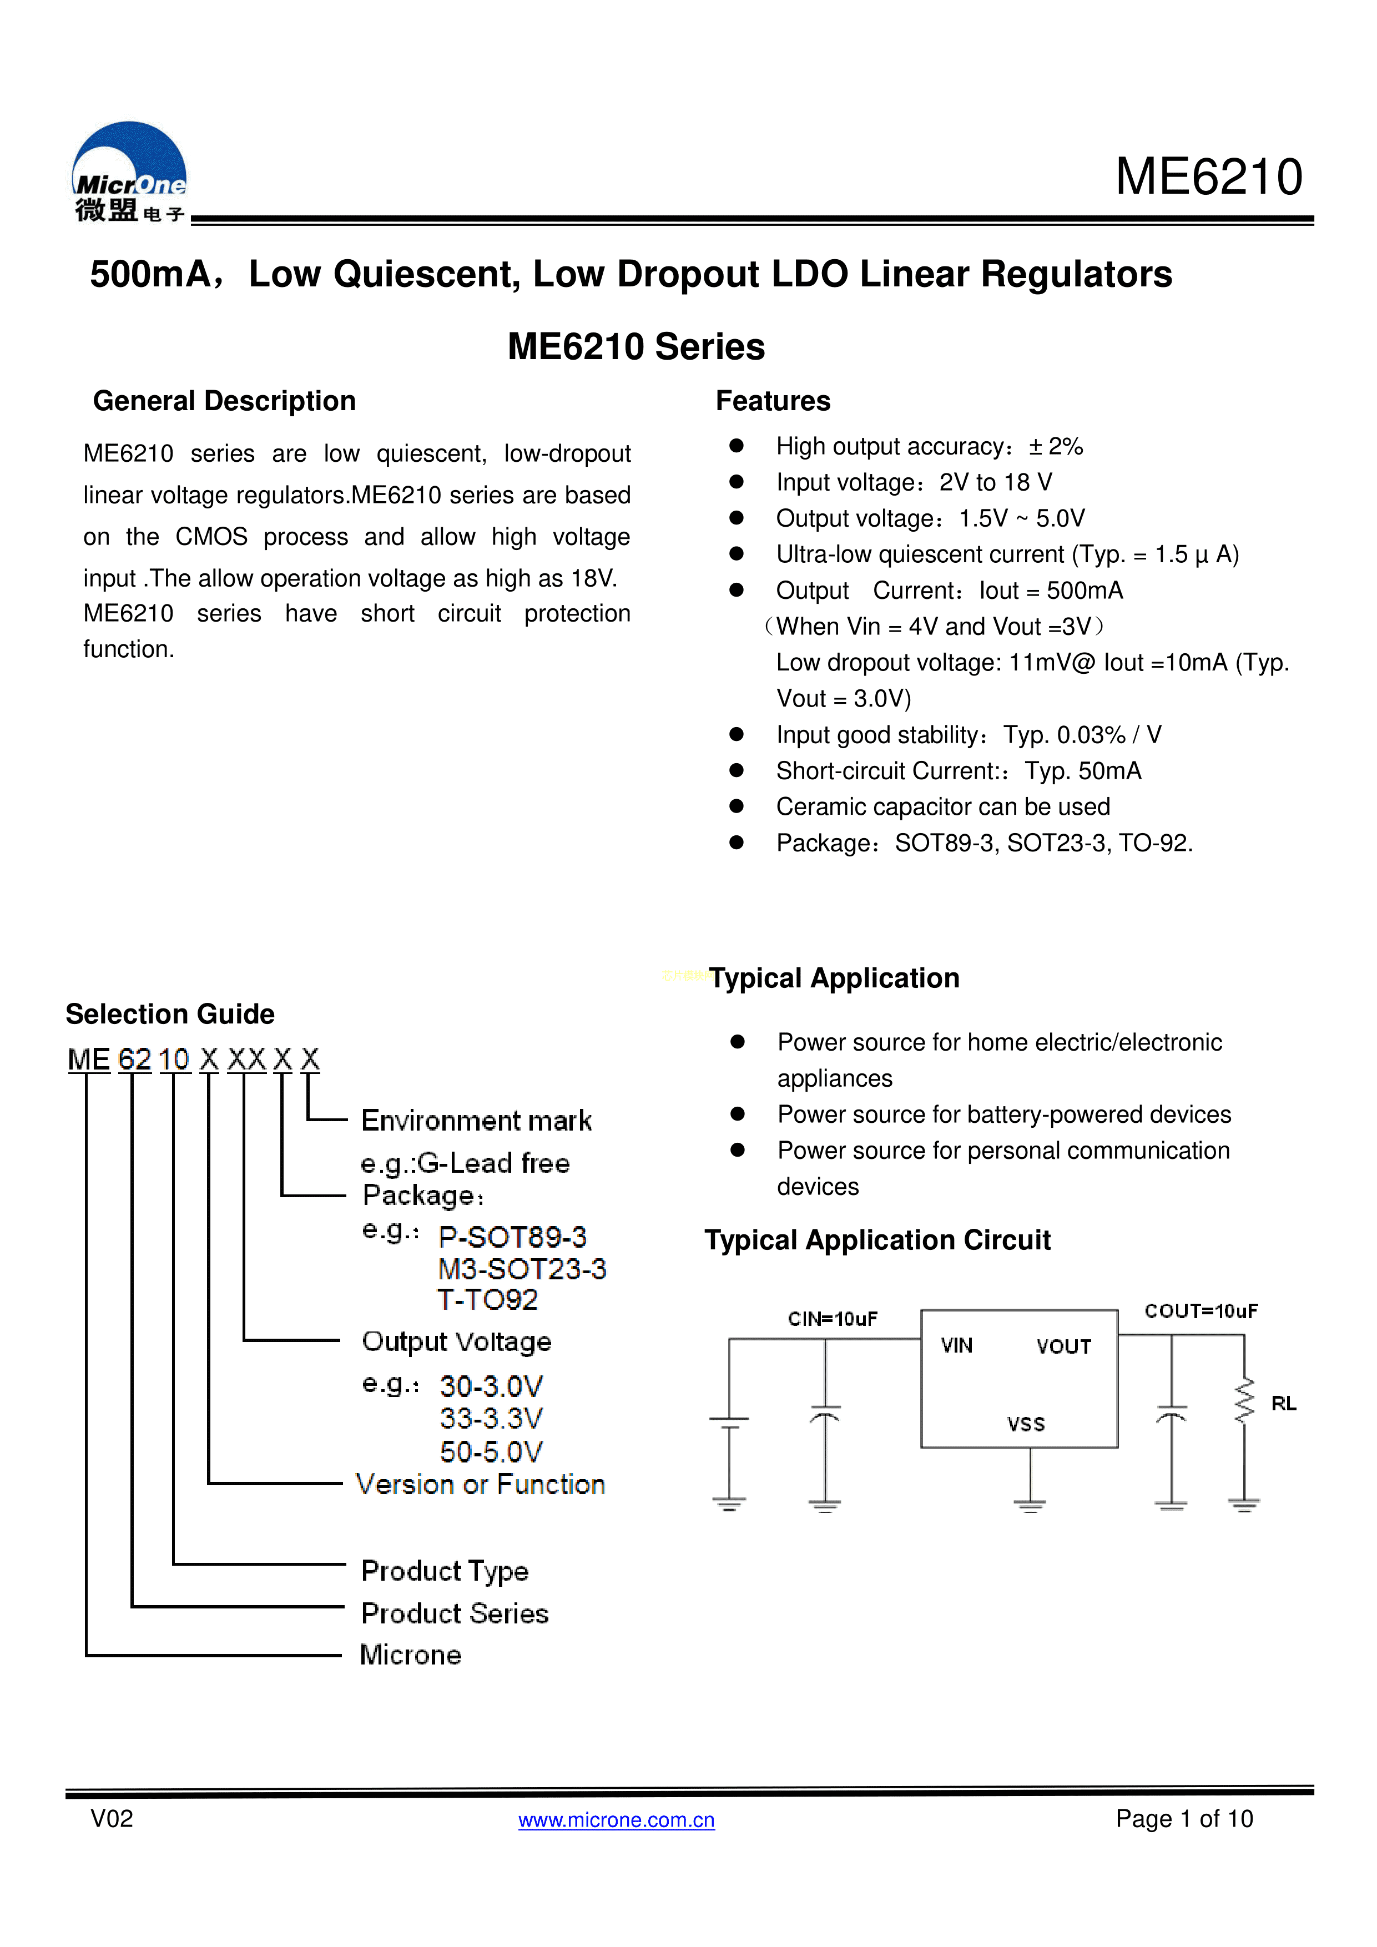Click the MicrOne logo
[130, 172]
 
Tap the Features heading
[773, 401]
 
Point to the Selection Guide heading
[170, 1014]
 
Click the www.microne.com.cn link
[617, 1820]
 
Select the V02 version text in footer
[112, 1819]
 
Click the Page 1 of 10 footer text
[1184, 1819]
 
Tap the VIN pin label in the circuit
[956, 1346]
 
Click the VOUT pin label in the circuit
[1063, 1346]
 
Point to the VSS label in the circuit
[1026, 1424]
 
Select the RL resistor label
[1284, 1404]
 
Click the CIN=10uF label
[833, 1319]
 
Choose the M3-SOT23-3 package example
[522, 1269]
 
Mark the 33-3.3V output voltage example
[491, 1419]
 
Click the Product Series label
[455, 1614]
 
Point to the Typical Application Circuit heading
[877, 1240]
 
